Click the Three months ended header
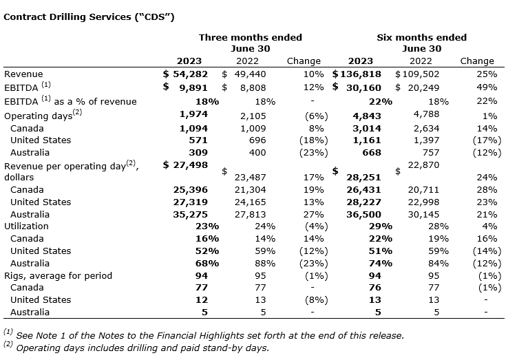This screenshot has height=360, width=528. (250, 37)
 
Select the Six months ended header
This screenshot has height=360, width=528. (421, 37)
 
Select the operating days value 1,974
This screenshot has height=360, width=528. (193, 115)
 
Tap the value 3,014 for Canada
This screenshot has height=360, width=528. (366, 127)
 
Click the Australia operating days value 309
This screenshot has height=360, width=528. (198, 152)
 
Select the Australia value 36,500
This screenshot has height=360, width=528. (365, 214)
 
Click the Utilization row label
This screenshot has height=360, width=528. (27, 226)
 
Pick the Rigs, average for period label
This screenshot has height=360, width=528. (57, 275)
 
